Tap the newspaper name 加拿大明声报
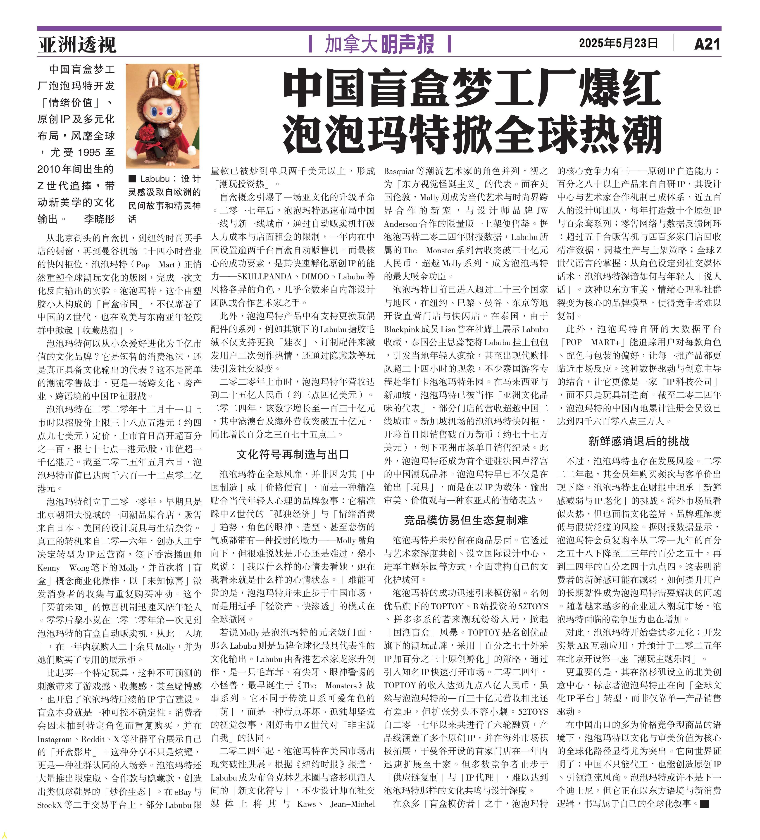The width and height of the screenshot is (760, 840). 379,44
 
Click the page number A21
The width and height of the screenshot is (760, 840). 707,44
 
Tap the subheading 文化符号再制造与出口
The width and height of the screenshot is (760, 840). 293,455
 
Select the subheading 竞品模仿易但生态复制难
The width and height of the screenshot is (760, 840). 466,520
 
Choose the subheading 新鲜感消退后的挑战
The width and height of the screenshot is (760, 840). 639,441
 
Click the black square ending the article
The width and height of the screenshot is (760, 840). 704,804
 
